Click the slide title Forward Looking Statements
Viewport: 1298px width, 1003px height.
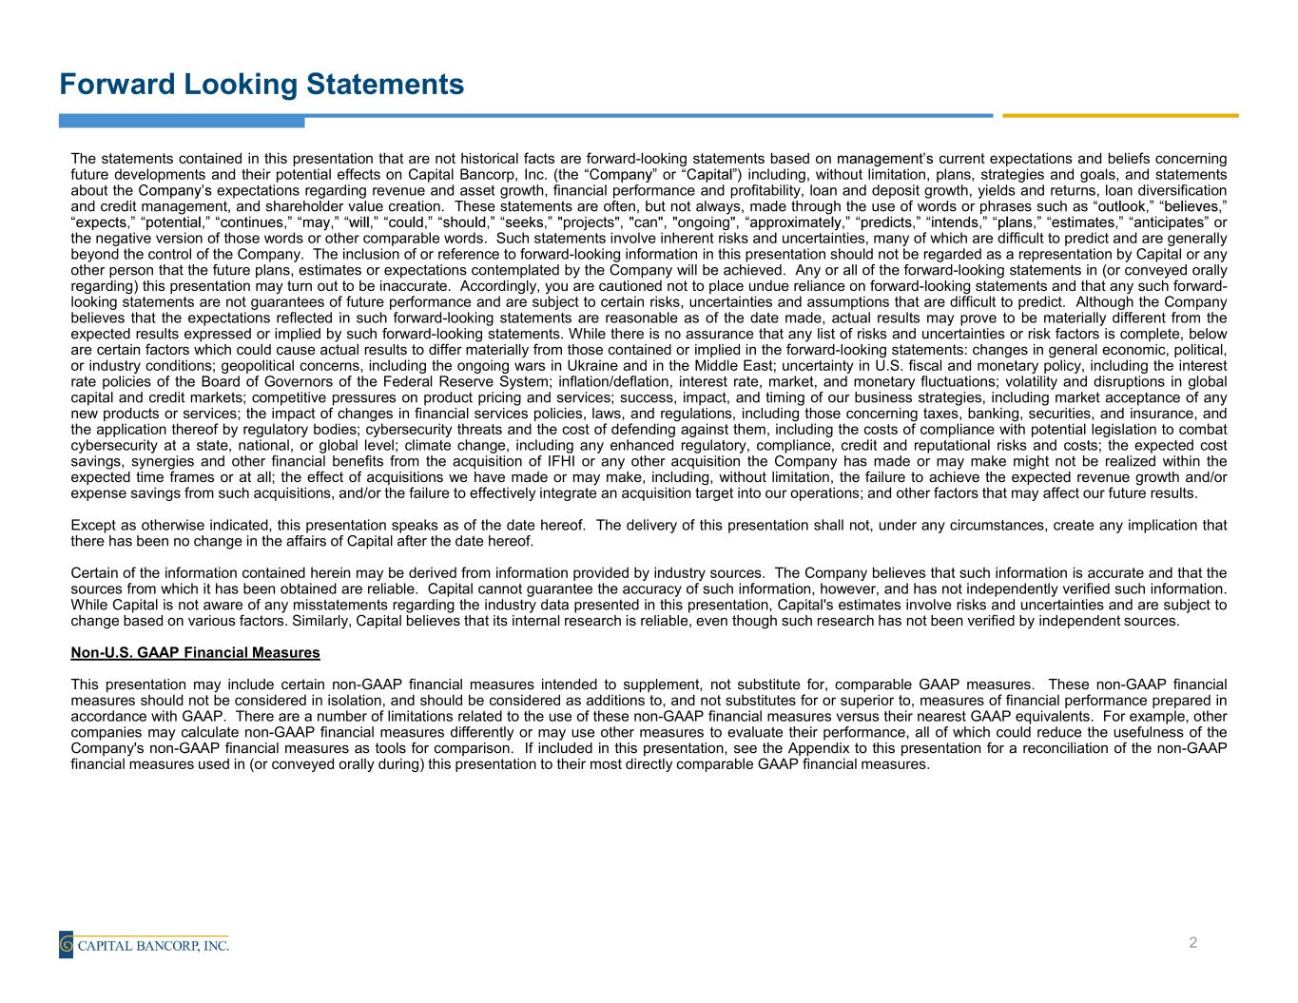262,85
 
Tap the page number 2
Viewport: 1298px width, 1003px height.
1192,943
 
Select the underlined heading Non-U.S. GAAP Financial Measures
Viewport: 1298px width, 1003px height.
195,653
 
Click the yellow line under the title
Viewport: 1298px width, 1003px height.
1120,116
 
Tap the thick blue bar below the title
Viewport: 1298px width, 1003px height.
181,121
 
